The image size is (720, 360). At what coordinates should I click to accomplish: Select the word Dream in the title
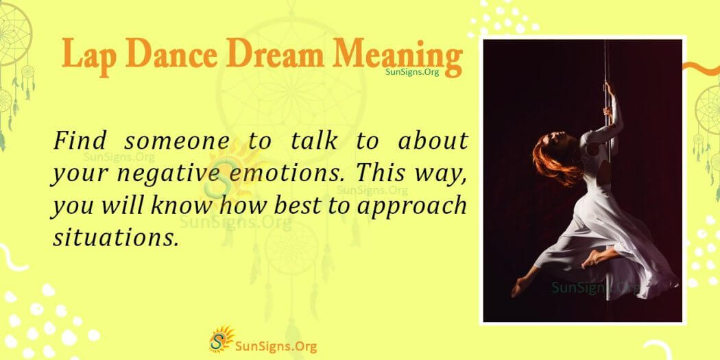pyautogui.click(x=274, y=55)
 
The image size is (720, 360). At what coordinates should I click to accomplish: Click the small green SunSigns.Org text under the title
pyautogui.click(x=412, y=72)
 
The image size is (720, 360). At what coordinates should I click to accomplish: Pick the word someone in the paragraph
pyautogui.click(x=176, y=142)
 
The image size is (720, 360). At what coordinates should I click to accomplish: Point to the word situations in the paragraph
pyautogui.click(x=115, y=238)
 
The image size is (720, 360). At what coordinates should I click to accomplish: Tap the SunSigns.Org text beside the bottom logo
pyautogui.click(x=276, y=346)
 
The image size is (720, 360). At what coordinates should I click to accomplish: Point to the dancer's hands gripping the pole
pyautogui.click(x=609, y=99)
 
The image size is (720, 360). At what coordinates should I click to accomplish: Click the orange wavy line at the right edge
pyautogui.click(x=701, y=69)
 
